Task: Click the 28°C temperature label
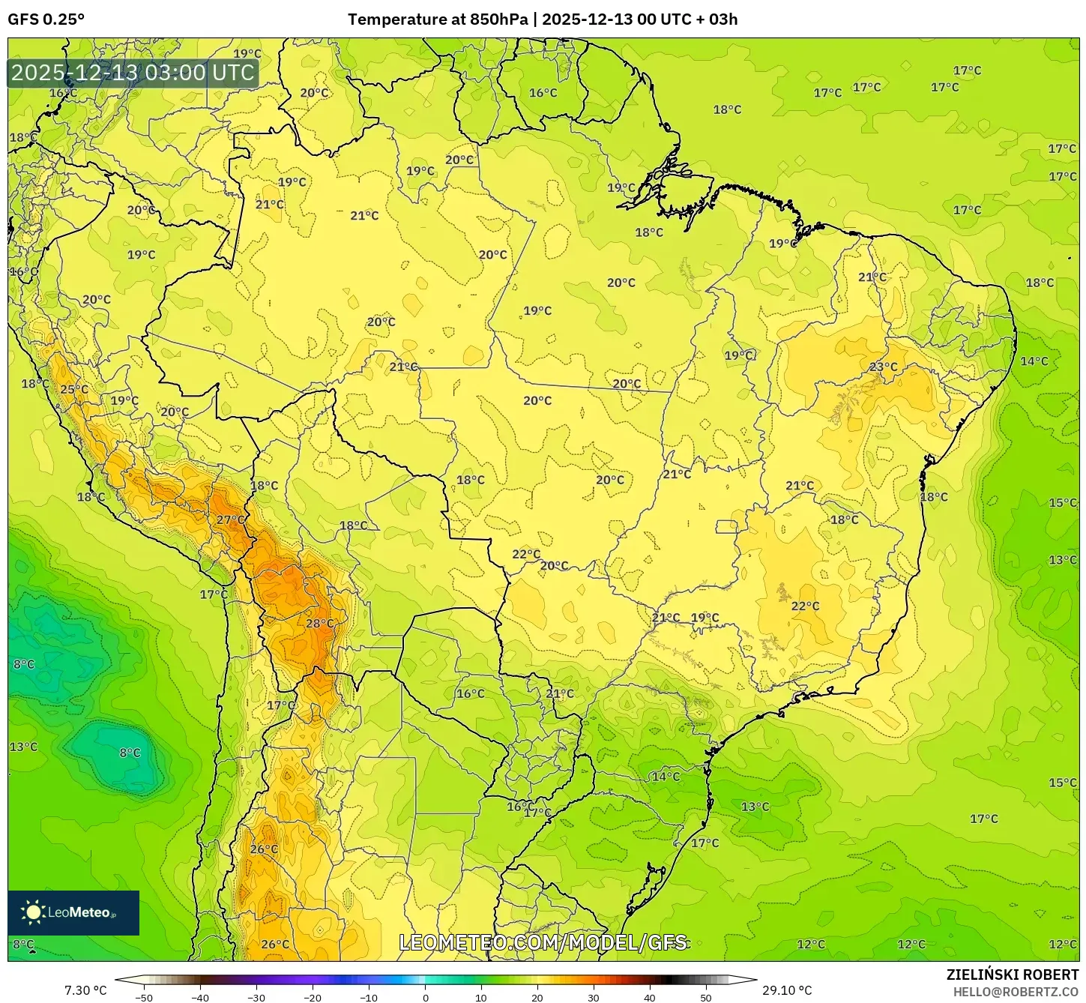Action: [319, 624]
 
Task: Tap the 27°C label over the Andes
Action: [230, 520]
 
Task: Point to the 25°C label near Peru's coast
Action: [74, 390]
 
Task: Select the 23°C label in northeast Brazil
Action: [883, 367]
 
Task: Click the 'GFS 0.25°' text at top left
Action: [46, 19]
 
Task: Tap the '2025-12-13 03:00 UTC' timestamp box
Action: [133, 73]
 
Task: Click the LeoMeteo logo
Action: [73, 912]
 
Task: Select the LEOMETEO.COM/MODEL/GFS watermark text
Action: [543, 942]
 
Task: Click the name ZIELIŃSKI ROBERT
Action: [1012, 975]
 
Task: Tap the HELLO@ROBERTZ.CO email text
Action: [1016, 992]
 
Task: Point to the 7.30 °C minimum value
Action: [85, 991]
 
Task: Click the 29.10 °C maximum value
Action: [786, 991]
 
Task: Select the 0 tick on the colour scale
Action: [425, 998]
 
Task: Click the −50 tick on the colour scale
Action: [143, 998]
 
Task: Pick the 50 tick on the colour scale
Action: [706, 998]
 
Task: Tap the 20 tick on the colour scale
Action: [537, 998]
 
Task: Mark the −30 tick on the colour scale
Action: [256, 998]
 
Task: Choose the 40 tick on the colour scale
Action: [650, 998]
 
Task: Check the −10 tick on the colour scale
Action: [369, 998]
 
